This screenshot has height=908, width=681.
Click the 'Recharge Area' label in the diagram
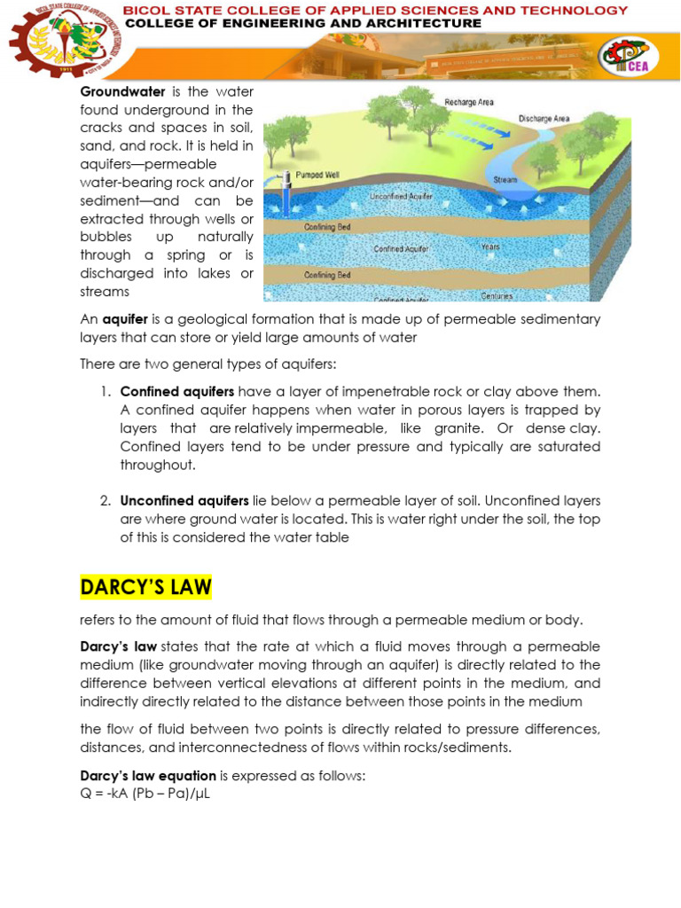click(469, 102)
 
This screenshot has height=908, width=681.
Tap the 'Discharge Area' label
click(544, 118)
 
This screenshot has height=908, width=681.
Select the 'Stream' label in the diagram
click(505, 180)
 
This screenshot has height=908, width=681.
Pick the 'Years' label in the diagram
click(490, 247)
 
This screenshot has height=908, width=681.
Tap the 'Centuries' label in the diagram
click(497, 295)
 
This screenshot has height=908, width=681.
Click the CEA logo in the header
click(628, 58)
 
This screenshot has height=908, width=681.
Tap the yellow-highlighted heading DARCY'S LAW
click(146, 587)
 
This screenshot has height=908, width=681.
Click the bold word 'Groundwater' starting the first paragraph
click(117, 91)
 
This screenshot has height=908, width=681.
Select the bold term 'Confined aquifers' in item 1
click(177, 391)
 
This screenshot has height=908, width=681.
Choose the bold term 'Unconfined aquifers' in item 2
click(184, 500)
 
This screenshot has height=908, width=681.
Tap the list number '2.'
click(105, 500)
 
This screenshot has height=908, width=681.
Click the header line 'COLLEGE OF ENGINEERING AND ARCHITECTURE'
click(303, 24)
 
